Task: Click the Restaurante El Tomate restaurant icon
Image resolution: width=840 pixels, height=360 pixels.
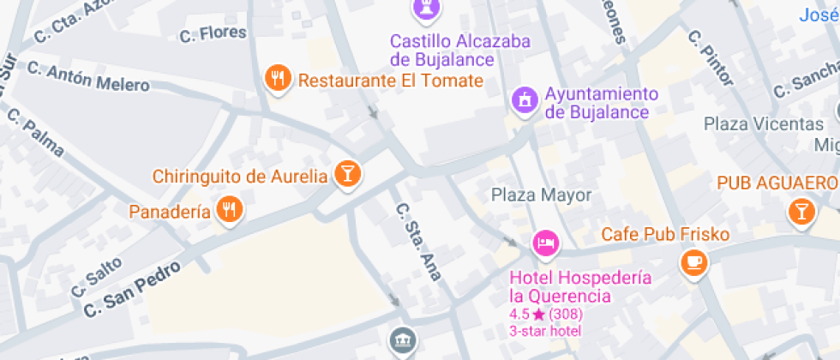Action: tap(276, 80)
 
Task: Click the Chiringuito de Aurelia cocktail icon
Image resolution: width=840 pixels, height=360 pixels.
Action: tap(347, 174)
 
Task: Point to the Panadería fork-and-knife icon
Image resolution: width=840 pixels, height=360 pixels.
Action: tap(228, 210)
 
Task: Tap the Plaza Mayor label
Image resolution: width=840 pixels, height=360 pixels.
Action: tap(541, 195)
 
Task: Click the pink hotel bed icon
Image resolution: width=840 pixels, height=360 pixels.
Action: tap(545, 244)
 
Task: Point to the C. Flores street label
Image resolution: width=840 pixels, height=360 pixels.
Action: tap(213, 34)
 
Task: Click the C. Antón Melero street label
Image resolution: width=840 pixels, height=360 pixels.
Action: tap(87, 76)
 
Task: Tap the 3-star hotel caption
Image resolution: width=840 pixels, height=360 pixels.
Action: tap(545, 331)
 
